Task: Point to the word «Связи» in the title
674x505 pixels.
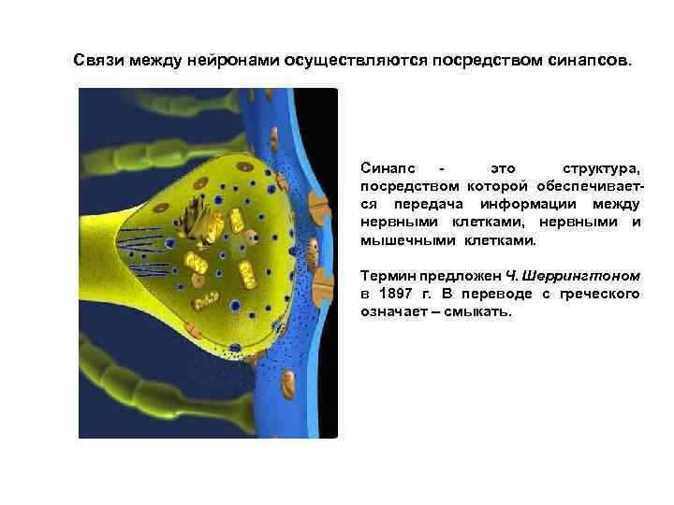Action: point(97,60)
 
